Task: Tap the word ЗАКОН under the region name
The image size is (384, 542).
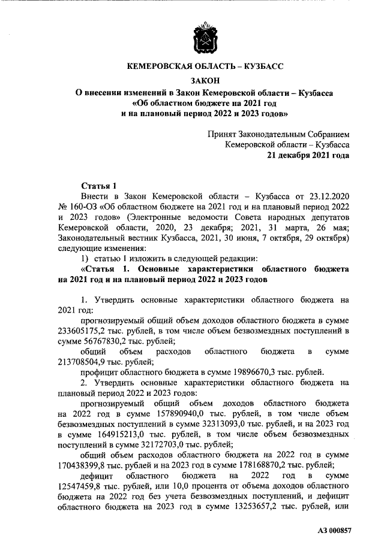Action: tap(205, 80)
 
